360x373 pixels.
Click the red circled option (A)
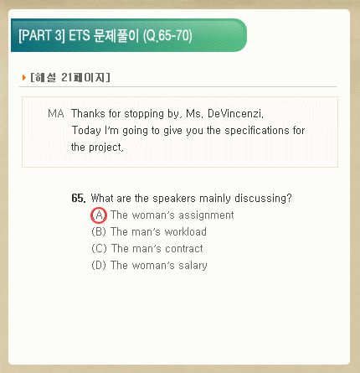[x=99, y=215]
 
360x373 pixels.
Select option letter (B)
[x=99, y=232]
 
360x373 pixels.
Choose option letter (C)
[x=99, y=248]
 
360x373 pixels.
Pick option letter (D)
[x=99, y=265]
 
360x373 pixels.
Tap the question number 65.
[x=79, y=198]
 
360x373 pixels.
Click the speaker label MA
[x=56, y=113]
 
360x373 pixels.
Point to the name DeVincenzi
[x=235, y=113]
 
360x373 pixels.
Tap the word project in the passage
[x=106, y=148]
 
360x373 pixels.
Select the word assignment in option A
[x=206, y=215]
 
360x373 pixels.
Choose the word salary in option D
[x=193, y=266]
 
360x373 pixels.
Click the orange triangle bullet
[x=24, y=77]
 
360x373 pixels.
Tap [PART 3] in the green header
[x=42, y=35]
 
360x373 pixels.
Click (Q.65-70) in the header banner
[x=167, y=36]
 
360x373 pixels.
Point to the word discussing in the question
[x=263, y=199]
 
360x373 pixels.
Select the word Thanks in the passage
[x=88, y=113]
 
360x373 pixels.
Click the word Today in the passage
[x=86, y=131]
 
